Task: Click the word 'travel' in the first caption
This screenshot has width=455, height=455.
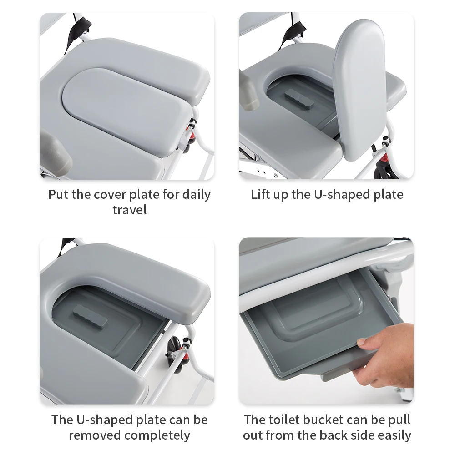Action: click(x=129, y=210)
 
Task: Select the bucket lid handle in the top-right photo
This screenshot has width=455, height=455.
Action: click(x=299, y=99)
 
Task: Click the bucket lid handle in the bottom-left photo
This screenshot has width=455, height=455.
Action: click(x=90, y=316)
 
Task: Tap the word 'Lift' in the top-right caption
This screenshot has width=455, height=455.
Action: click(x=260, y=194)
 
